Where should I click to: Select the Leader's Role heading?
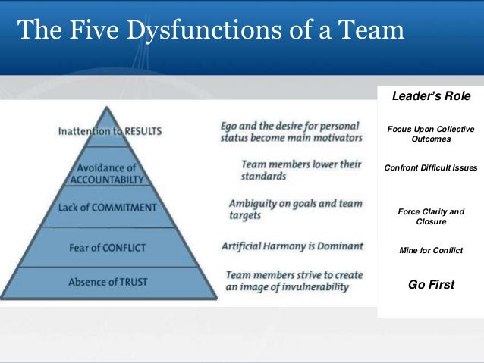(x=430, y=96)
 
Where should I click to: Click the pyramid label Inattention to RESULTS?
(x=110, y=131)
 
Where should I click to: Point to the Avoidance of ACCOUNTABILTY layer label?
(x=111, y=174)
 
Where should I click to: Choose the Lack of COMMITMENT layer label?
(x=111, y=208)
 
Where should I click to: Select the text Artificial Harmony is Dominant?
(x=292, y=246)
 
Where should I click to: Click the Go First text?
(x=431, y=285)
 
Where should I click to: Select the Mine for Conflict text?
(x=430, y=250)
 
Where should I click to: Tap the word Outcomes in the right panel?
(x=430, y=140)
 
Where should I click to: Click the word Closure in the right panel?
(x=431, y=222)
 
